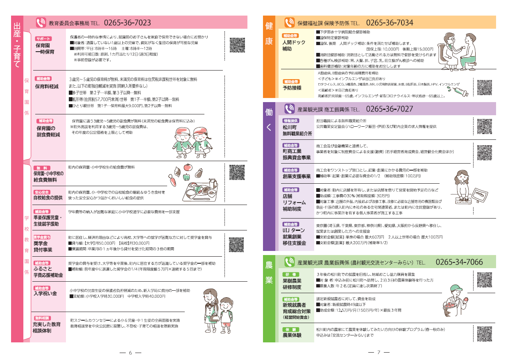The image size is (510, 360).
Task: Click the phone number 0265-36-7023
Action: point(127,23)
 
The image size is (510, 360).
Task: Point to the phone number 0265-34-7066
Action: point(459,262)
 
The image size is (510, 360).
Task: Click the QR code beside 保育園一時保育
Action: point(237,45)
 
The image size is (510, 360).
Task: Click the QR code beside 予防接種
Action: point(485,87)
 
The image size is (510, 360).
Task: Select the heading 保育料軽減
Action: point(47,87)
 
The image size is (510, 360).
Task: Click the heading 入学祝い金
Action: point(45,294)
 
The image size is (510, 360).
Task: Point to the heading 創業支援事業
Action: point(297,177)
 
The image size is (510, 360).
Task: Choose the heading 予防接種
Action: point(292,88)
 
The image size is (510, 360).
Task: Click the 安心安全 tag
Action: point(41,192)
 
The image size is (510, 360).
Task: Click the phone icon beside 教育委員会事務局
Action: point(40,23)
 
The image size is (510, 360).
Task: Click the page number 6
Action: point(130,353)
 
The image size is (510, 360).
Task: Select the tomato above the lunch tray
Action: point(188,167)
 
